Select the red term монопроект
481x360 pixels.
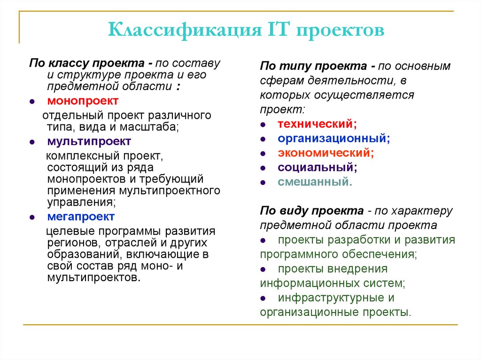pyautogui.click(x=83, y=101)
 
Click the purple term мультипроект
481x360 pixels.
pyautogui.click(x=89, y=141)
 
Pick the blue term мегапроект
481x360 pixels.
pyautogui.click(x=81, y=216)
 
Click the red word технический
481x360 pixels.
pyautogui.click(x=317, y=124)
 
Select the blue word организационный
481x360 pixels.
pyautogui.click(x=334, y=138)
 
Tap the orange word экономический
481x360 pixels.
pyautogui.click(x=326, y=153)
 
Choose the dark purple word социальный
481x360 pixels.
pyautogui.click(x=317, y=167)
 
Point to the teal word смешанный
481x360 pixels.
pyautogui.click(x=315, y=182)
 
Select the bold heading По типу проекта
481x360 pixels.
pyautogui.click(x=317, y=66)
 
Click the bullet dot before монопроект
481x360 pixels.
pyautogui.click(x=32, y=102)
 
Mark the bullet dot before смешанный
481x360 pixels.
pyautogui.click(x=264, y=183)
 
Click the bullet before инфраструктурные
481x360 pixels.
pyautogui.click(x=264, y=299)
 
